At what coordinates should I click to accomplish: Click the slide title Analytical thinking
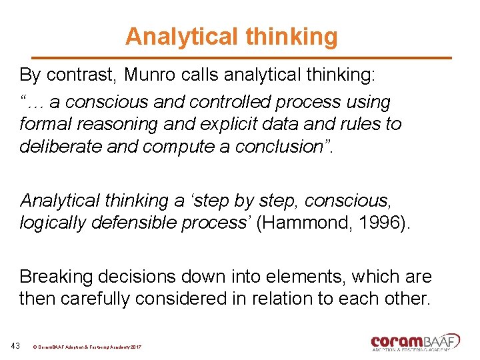[231, 37]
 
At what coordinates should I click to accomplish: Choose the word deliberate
[61, 146]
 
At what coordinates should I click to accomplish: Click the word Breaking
[57, 277]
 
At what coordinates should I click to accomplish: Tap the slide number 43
[15, 345]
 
